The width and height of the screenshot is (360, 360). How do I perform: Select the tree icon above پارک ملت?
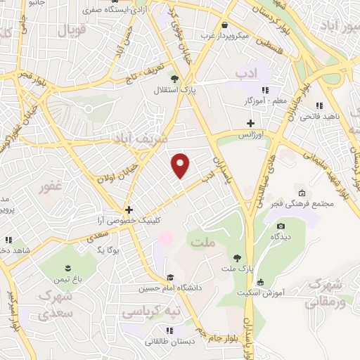(x=236, y=257)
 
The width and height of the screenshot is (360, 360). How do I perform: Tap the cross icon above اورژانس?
(x=250, y=122)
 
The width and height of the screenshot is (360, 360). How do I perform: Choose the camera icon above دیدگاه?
(x=281, y=226)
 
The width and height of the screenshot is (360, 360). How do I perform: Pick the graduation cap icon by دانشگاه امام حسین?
(x=169, y=276)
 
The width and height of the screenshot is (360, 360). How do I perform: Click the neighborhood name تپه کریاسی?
(x=151, y=310)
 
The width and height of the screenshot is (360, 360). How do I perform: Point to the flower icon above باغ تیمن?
(x=67, y=268)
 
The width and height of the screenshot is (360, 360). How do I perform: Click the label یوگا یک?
(x=110, y=250)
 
